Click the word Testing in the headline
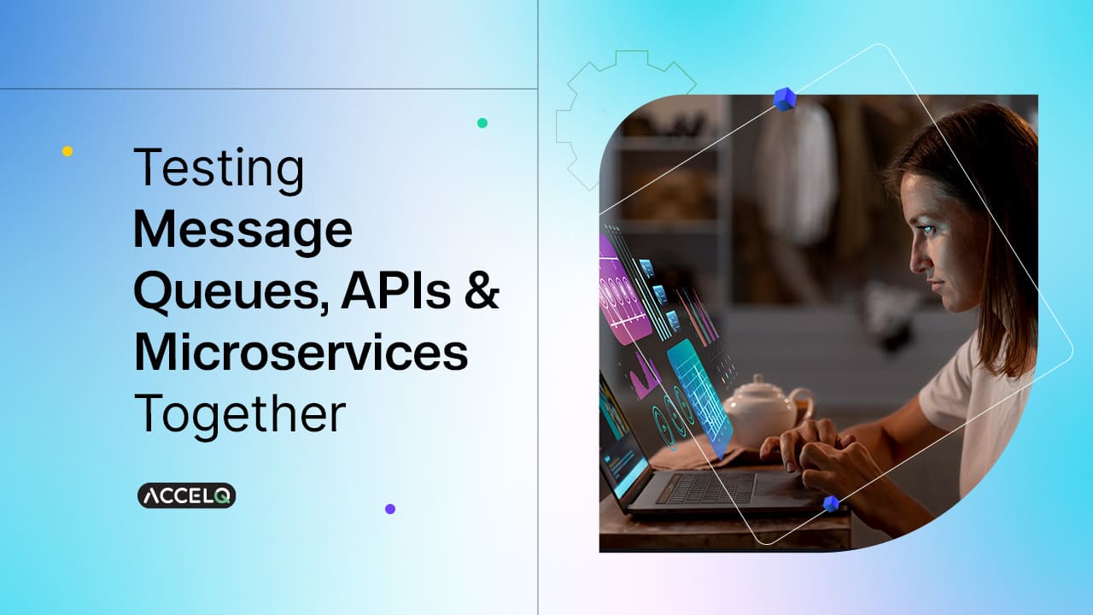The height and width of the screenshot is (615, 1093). (x=219, y=169)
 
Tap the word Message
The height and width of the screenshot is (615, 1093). (x=243, y=231)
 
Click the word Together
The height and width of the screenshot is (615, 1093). (x=239, y=414)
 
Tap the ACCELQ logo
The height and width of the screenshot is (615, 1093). (x=186, y=496)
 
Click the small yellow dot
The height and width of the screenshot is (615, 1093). (x=67, y=151)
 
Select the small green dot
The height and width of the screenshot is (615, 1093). (x=482, y=123)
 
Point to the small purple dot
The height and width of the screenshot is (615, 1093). (x=390, y=509)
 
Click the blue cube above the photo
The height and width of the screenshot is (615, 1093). (x=785, y=99)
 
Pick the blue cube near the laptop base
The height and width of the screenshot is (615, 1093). (x=831, y=503)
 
